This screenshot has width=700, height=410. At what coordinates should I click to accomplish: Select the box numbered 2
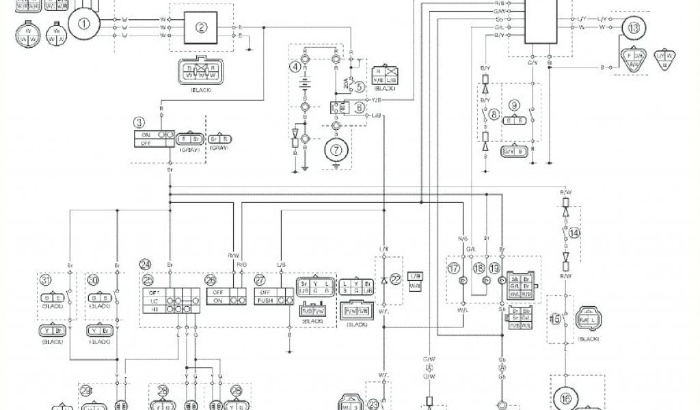pyautogui.click(x=201, y=28)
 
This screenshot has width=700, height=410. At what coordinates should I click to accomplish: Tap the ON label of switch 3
pyautogui.click(x=145, y=135)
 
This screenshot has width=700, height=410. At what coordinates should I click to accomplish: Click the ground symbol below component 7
pyautogui.click(x=336, y=165)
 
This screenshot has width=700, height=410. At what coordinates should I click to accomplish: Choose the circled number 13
pyautogui.click(x=634, y=28)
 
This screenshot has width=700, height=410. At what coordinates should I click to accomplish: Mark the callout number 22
pyautogui.click(x=395, y=278)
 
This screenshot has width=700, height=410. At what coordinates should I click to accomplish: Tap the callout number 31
pyautogui.click(x=45, y=279)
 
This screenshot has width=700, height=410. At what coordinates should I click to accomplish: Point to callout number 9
pyautogui.click(x=514, y=105)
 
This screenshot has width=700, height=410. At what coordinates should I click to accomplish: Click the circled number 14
pyautogui.click(x=574, y=233)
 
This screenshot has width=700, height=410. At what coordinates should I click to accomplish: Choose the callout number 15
pyautogui.click(x=554, y=318)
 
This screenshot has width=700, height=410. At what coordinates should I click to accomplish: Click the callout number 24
pyautogui.click(x=145, y=264)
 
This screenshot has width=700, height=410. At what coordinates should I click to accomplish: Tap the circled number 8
pyautogui.click(x=495, y=115)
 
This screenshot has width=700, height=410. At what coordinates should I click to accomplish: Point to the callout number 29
pyautogui.click(x=86, y=391)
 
